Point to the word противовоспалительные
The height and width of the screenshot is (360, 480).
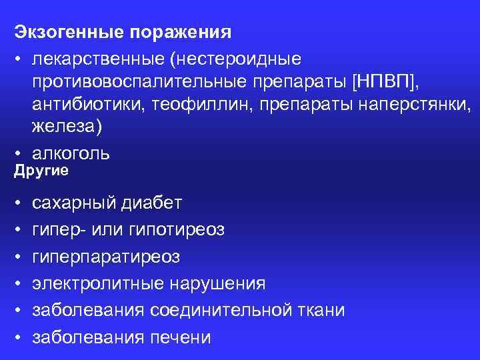[129, 82]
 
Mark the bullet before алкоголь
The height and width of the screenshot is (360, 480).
[17, 153]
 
